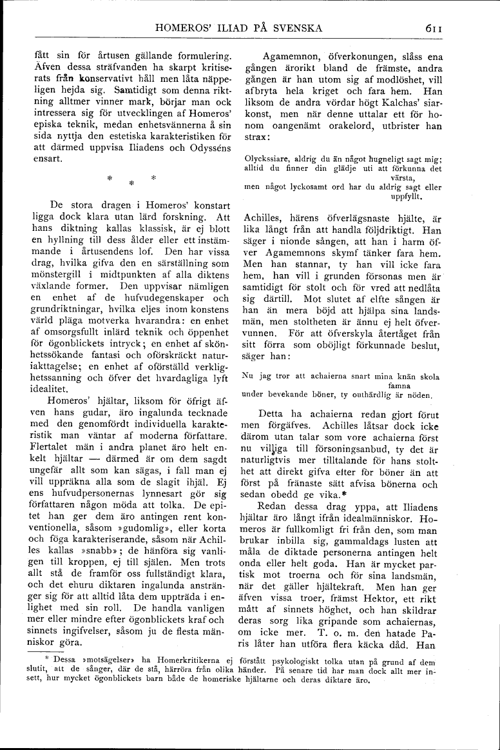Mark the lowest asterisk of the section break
131,183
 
